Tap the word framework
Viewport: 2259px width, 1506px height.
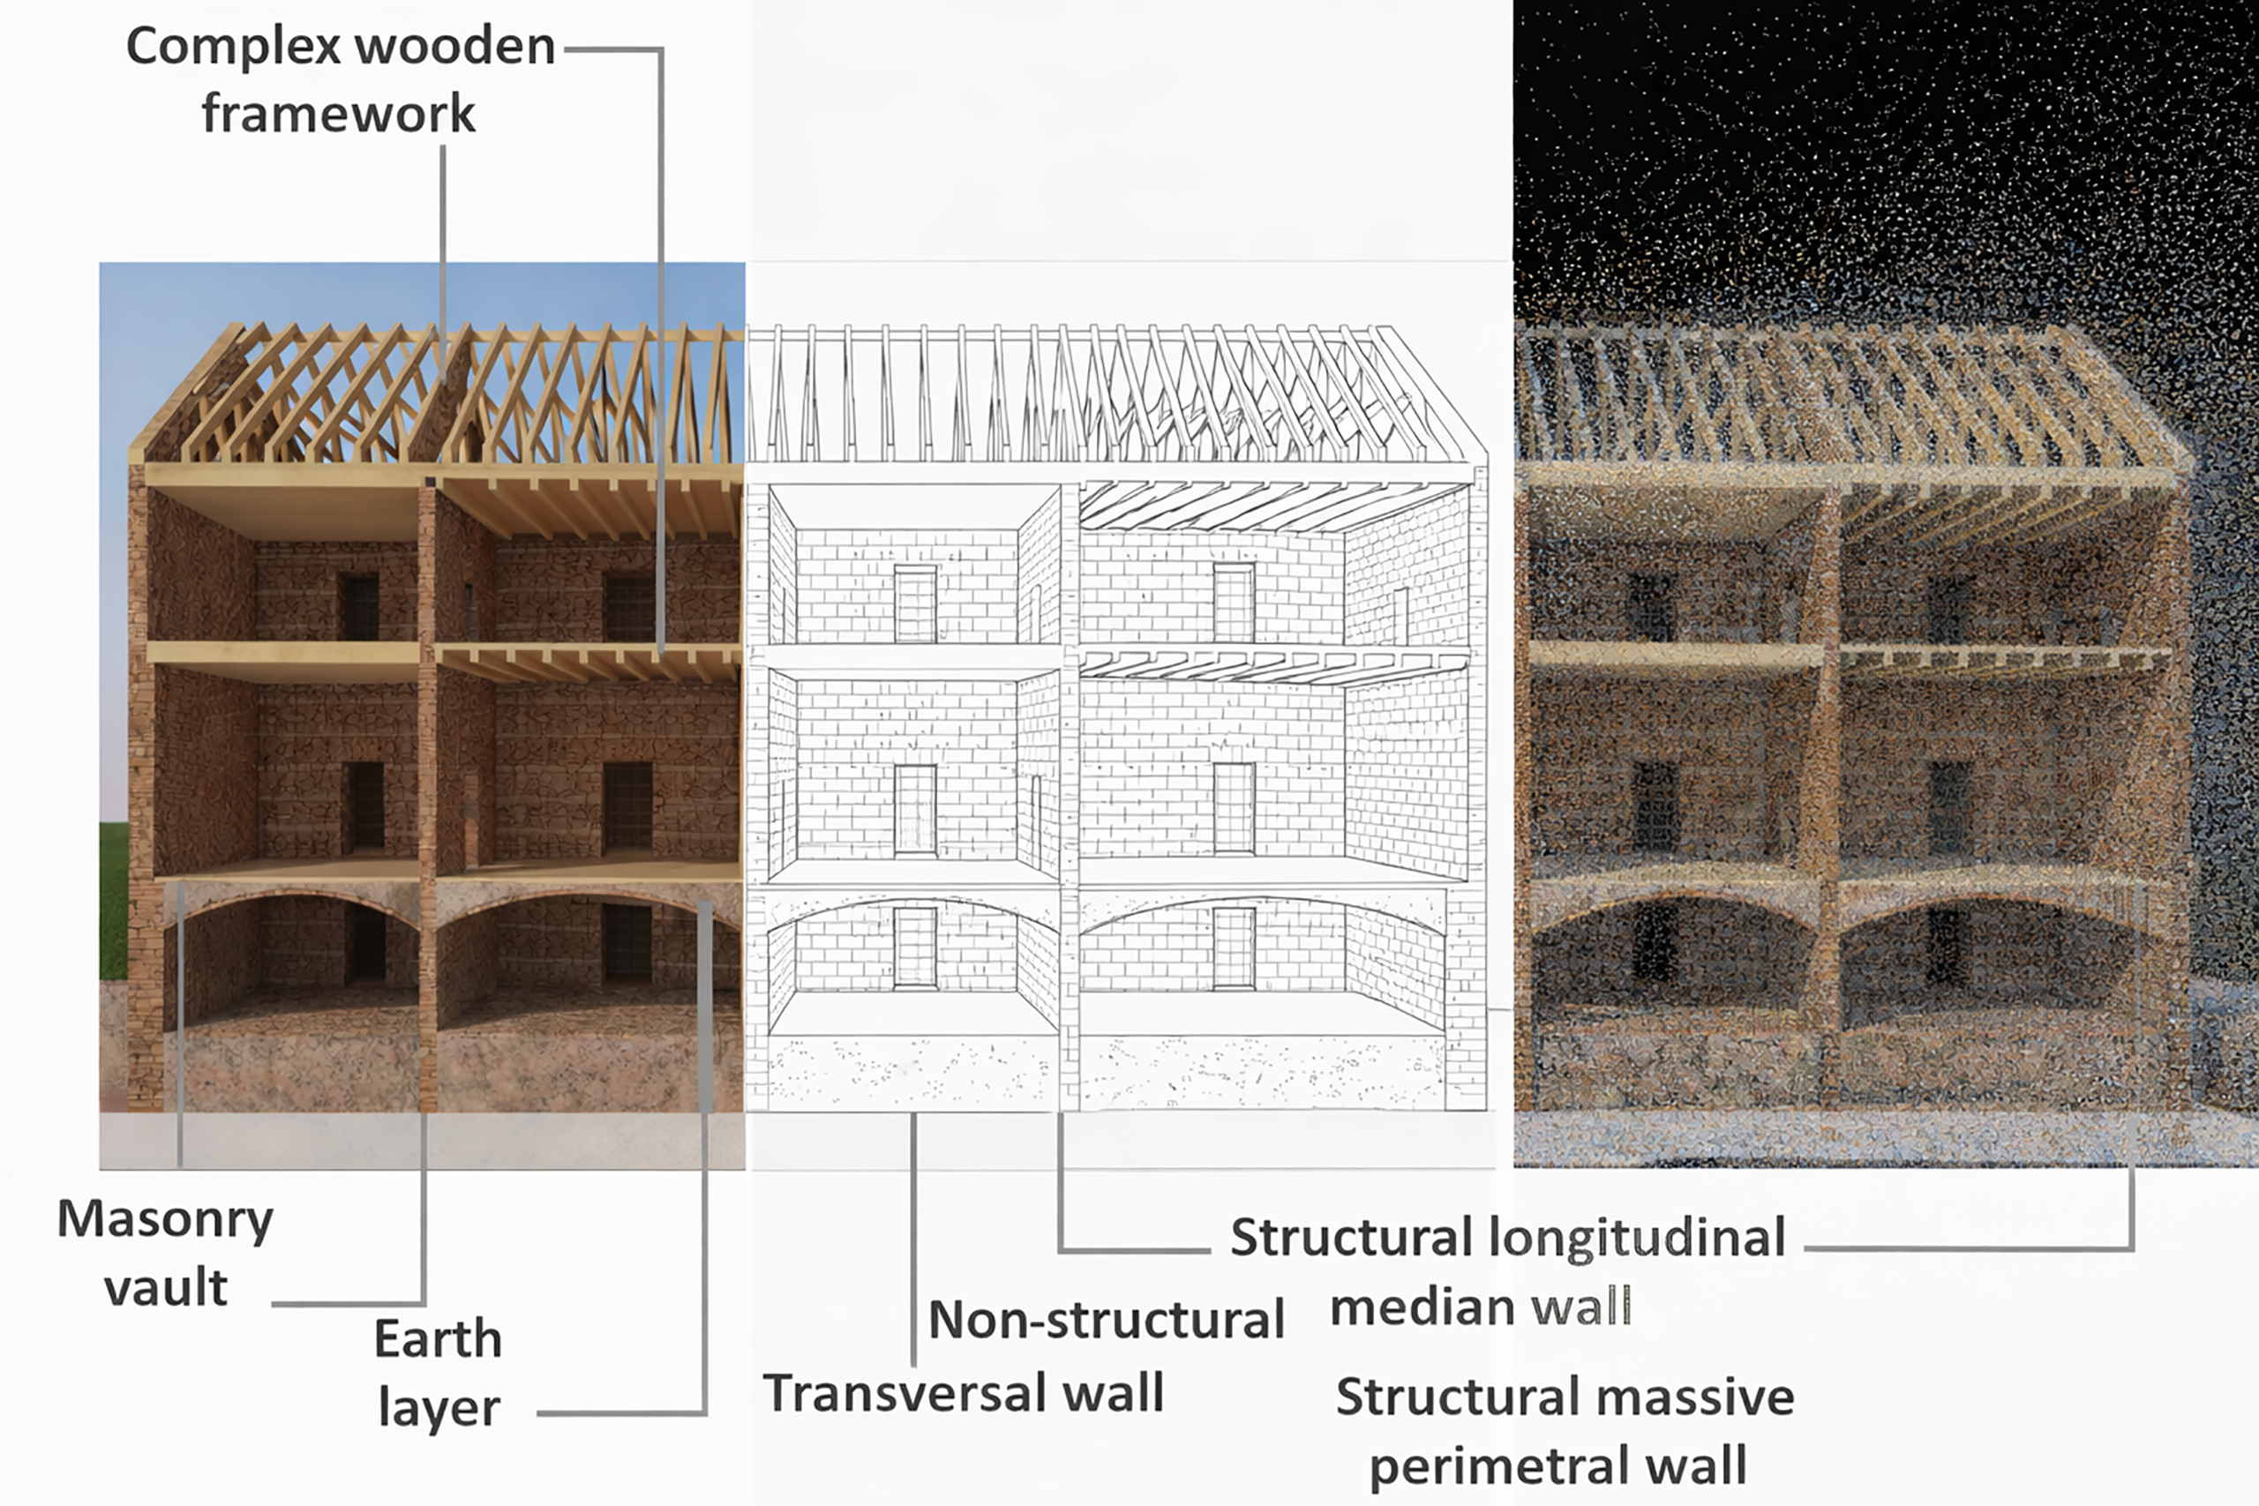[x=338, y=115]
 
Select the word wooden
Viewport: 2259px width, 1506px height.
[x=461, y=47]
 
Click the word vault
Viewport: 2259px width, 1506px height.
[x=165, y=1288]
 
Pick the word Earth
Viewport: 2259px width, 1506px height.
[x=438, y=1339]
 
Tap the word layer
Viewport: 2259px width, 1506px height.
[x=438, y=1409]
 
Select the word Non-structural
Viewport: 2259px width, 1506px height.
[x=1107, y=1320]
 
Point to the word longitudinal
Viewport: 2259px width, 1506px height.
[x=1638, y=1237]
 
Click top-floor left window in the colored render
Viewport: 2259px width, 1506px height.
[x=358, y=607]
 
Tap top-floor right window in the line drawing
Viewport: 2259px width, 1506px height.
[x=1234, y=603]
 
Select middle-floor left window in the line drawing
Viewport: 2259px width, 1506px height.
[x=914, y=809]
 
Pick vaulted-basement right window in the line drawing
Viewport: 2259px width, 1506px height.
[x=1234, y=947]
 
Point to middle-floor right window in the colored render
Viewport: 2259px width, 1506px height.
[x=628, y=806]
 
